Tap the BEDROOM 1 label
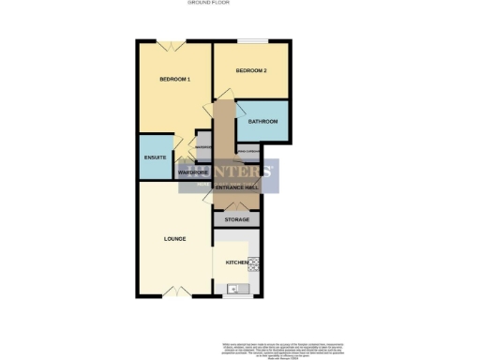[x=175, y=79]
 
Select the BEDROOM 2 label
[x=251, y=71]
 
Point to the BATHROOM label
[x=262, y=121]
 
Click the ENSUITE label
[x=156, y=157]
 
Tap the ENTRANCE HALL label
[x=236, y=188]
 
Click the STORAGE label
[x=237, y=219]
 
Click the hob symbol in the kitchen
[x=252, y=262]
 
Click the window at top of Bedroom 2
[x=250, y=41]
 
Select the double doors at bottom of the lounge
[x=170, y=291]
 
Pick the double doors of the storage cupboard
[x=236, y=206]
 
